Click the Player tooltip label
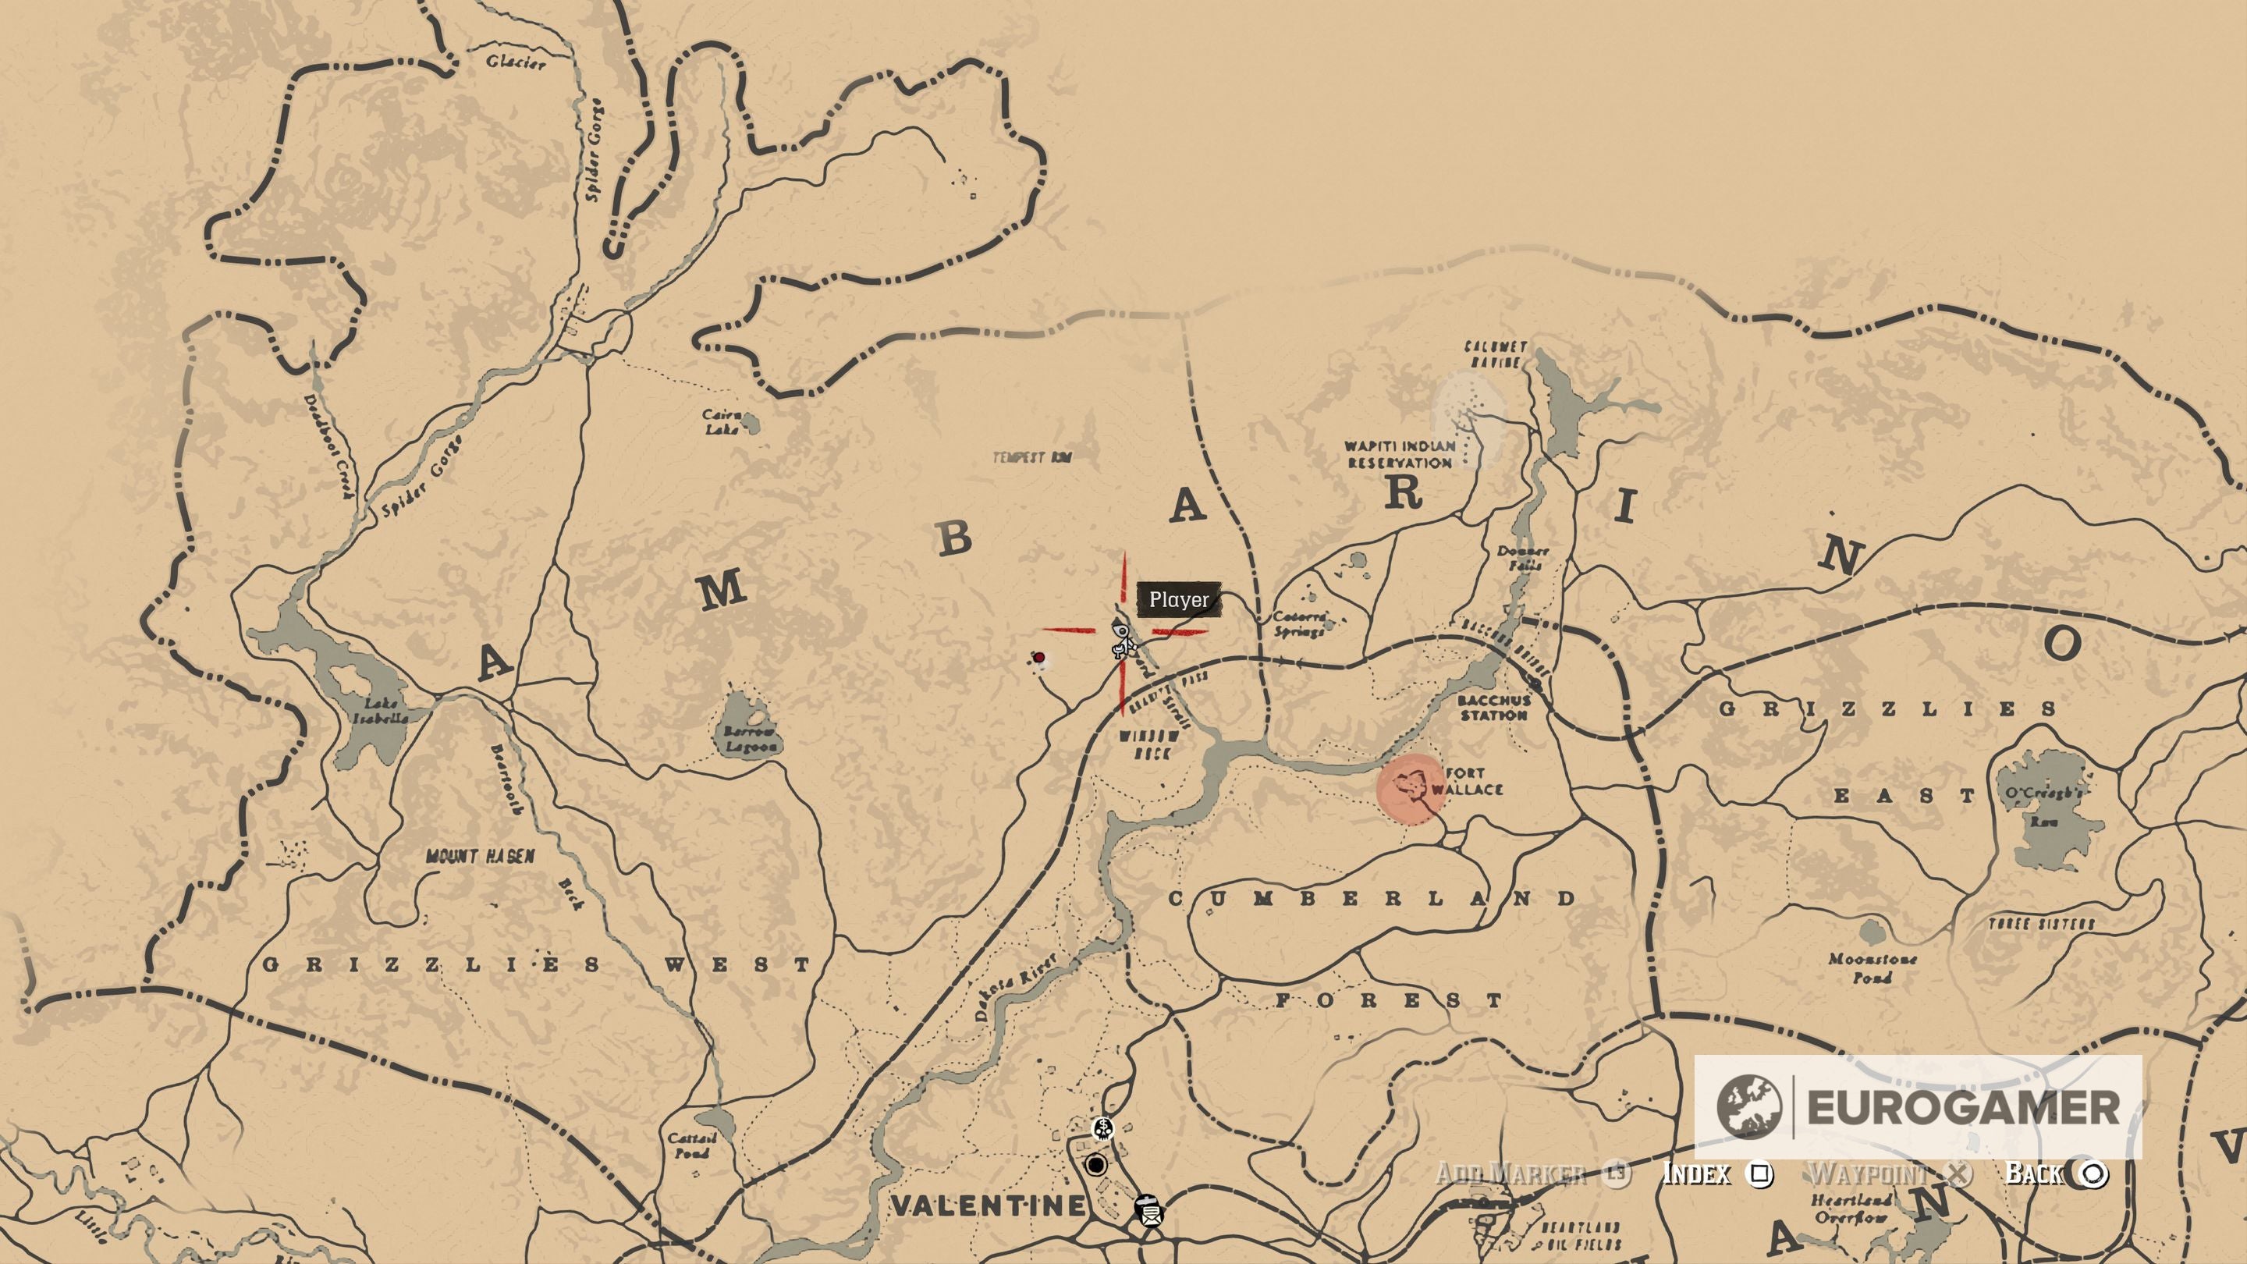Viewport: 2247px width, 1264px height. click(1178, 599)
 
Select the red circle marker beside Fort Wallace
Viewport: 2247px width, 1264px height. click(1410, 789)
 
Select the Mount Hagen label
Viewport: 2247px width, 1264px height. click(480, 857)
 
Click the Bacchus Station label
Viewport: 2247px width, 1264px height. click(1494, 708)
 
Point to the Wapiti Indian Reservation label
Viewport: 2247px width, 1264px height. click(1399, 453)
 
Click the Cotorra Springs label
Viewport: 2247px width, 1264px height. click(1300, 623)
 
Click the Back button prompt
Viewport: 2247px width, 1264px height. click(2055, 1173)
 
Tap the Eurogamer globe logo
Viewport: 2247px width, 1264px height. click(1748, 1107)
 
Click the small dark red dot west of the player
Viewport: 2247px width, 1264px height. click(1039, 657)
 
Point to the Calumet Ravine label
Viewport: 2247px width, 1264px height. click(1495, 354)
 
